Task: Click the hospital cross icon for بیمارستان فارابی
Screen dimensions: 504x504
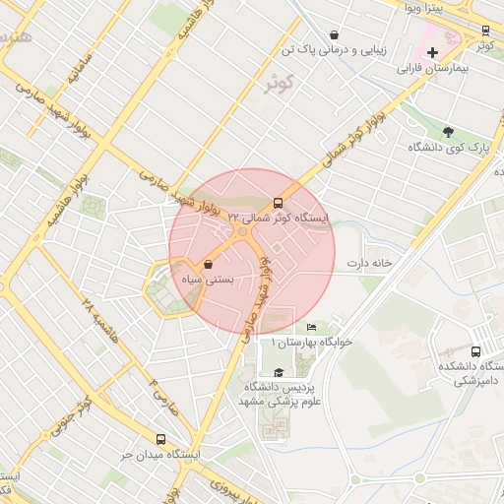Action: click(x=432, y=51)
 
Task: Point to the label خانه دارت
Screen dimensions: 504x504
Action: click(x=369, y=264)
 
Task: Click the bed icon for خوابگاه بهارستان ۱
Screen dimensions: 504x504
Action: click(x=312, y=328)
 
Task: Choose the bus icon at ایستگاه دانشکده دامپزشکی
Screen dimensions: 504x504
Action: click(x=476, y=351)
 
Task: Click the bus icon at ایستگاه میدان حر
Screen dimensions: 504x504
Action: click(x=161, y=440)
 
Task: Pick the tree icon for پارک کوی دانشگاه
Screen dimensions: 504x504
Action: click(x=449, y=132)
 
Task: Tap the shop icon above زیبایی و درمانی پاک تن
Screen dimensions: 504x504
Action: click(x=337, y=33)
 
